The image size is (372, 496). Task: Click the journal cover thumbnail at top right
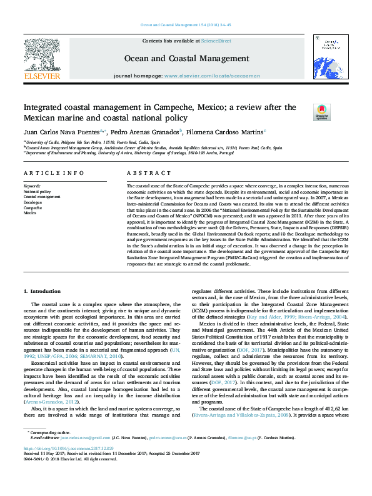click(x=330, y=58)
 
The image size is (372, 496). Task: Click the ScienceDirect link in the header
click(x=216, y=40)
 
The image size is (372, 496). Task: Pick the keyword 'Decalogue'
click(x=33, y=202)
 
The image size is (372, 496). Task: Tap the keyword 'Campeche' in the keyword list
click(x=33, y=207)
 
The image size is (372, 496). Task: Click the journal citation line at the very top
click(x=185, y=25)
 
